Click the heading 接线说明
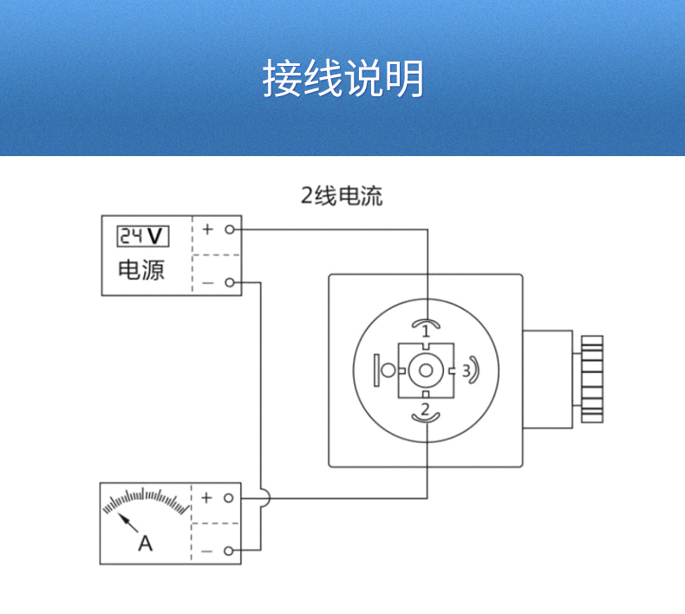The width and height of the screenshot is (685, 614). [343, 79]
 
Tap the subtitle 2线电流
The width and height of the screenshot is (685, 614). [342, 196]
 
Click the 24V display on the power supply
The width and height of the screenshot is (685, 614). [143, 235]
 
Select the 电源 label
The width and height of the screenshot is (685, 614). [141, 270]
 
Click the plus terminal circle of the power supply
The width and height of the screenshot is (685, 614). [229, 230]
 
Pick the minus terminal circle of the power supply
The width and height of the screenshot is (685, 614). [229, 283]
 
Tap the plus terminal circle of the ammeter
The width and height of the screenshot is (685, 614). [229, 499]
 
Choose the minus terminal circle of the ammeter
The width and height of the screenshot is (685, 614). [229, 551]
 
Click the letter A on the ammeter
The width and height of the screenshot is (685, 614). [146, 544]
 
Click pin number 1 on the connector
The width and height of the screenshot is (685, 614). [426, 331]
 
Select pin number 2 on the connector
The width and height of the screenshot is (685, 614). [426, 408]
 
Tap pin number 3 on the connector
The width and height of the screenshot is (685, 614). [466, 370]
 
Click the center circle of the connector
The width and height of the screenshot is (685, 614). [426, 370]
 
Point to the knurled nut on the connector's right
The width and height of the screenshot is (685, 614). [592, 378]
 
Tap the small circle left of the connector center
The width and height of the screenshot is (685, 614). [388, 370]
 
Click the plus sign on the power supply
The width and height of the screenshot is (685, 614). [207, 230]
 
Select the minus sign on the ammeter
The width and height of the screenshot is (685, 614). [207, 551]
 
